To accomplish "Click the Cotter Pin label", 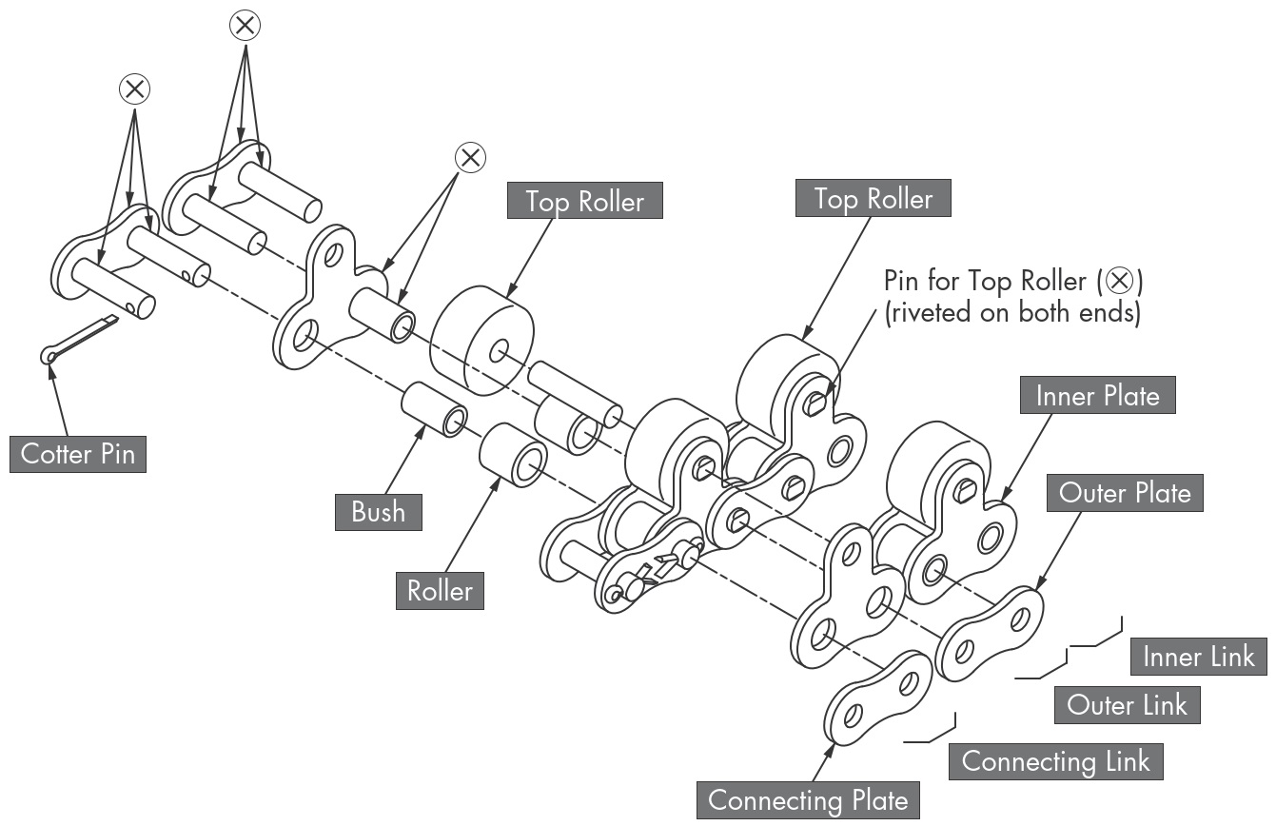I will click(78, 454).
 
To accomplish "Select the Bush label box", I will click(378, 512).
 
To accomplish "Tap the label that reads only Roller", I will click(440, 591).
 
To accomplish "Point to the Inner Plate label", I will click(1097, 396).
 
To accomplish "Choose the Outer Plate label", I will click(1124, 493).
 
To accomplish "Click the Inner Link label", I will click(1198, 656).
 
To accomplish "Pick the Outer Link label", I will click(1127, 705).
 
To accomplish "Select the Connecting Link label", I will click(1055, 761).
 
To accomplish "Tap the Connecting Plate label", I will click(808, 800).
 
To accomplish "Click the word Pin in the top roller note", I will click(903, 282).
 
